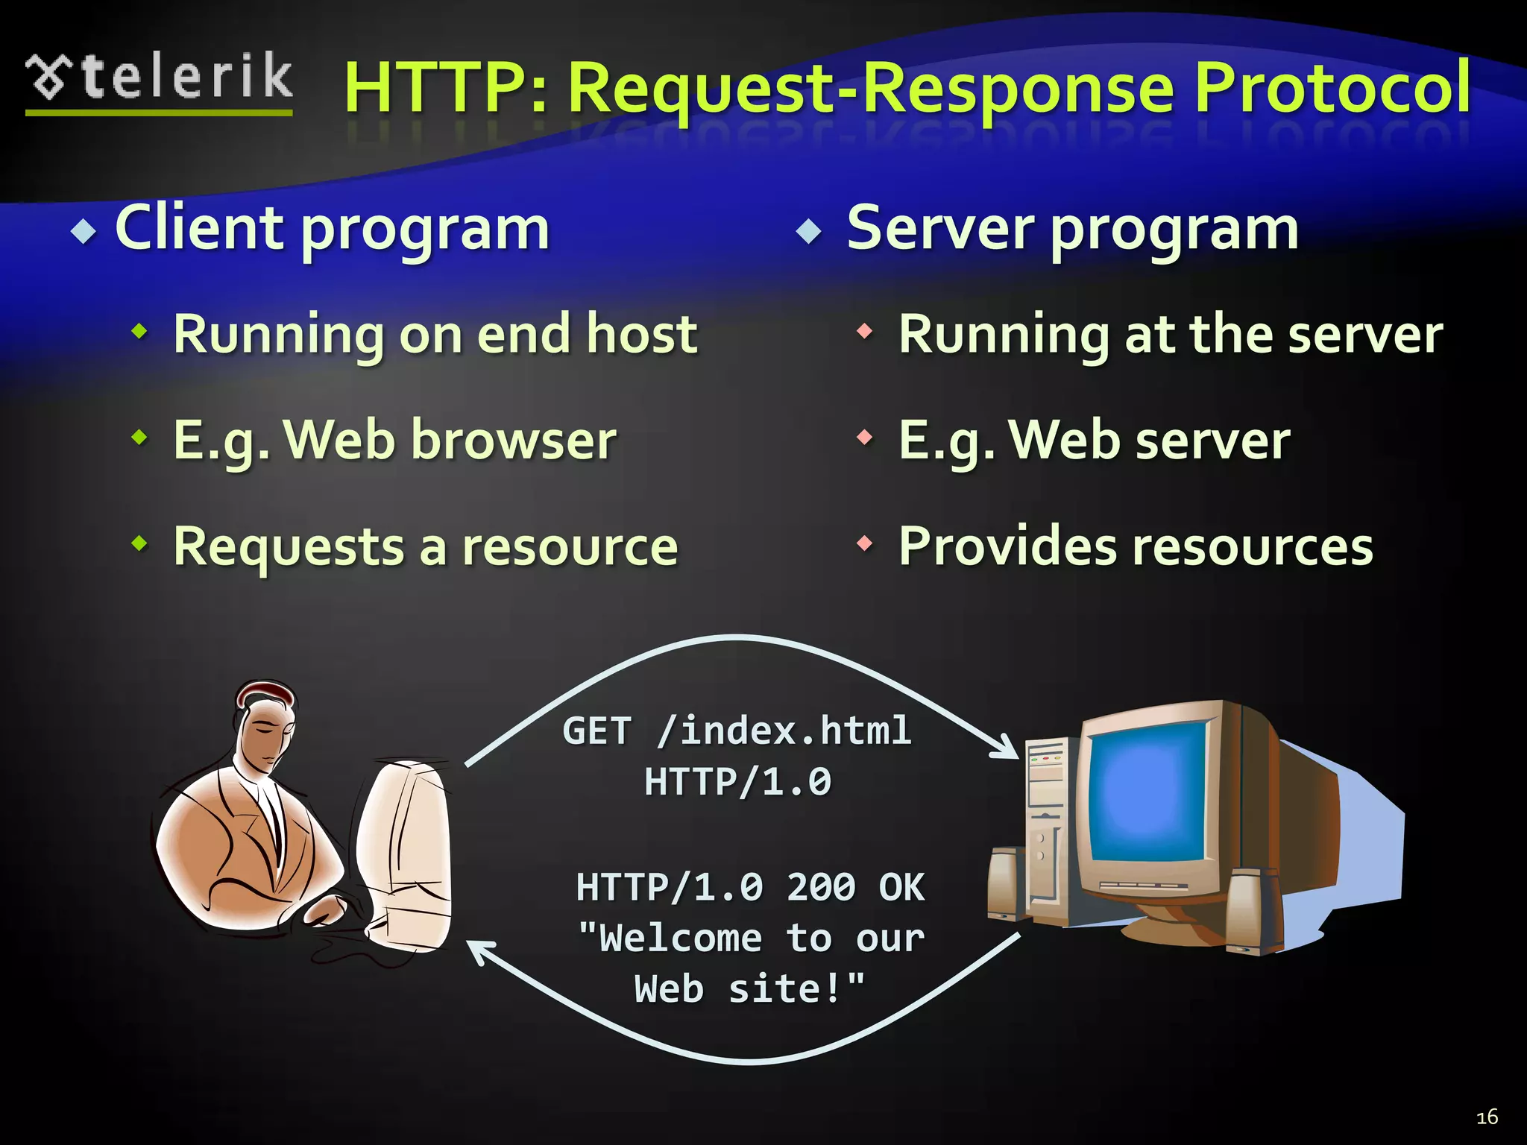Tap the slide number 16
[1487, 1117]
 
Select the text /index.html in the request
[784, 730]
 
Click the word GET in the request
[596, 731]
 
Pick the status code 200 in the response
[820, 887]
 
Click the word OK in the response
[901, 887]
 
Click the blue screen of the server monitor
[1147, 798]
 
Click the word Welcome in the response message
[680, 939]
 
